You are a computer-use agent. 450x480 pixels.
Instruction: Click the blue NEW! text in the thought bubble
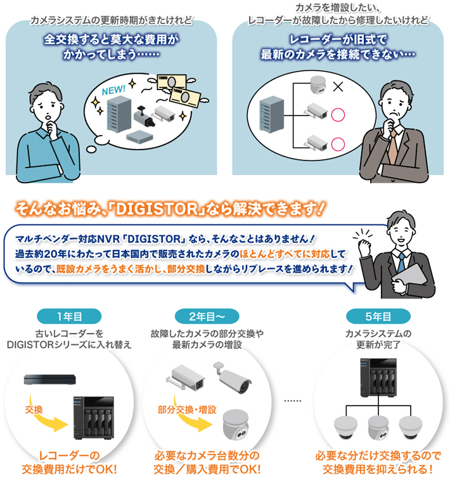coord(113,90)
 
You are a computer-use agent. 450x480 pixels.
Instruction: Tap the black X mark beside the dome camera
coord(338,87)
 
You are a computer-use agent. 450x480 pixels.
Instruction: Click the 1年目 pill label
coord(69,316)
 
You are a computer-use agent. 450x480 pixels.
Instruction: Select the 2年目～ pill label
coord(207,316)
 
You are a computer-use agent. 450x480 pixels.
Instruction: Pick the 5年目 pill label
coord(378,316)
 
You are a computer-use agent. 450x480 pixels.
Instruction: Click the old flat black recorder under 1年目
coord(49,380)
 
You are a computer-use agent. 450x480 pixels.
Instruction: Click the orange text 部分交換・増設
coord(187,410)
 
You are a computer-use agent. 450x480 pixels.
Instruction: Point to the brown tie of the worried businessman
coord(393,147)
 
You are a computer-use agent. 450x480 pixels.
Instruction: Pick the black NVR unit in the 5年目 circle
coord(378,377)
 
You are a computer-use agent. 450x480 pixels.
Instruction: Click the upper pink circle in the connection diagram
coord(338,115)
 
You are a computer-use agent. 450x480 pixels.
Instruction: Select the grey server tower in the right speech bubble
coord(272,114)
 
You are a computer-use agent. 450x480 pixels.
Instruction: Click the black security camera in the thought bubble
coord(144,115)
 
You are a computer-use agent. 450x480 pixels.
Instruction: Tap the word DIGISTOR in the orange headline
coord(157,209)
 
